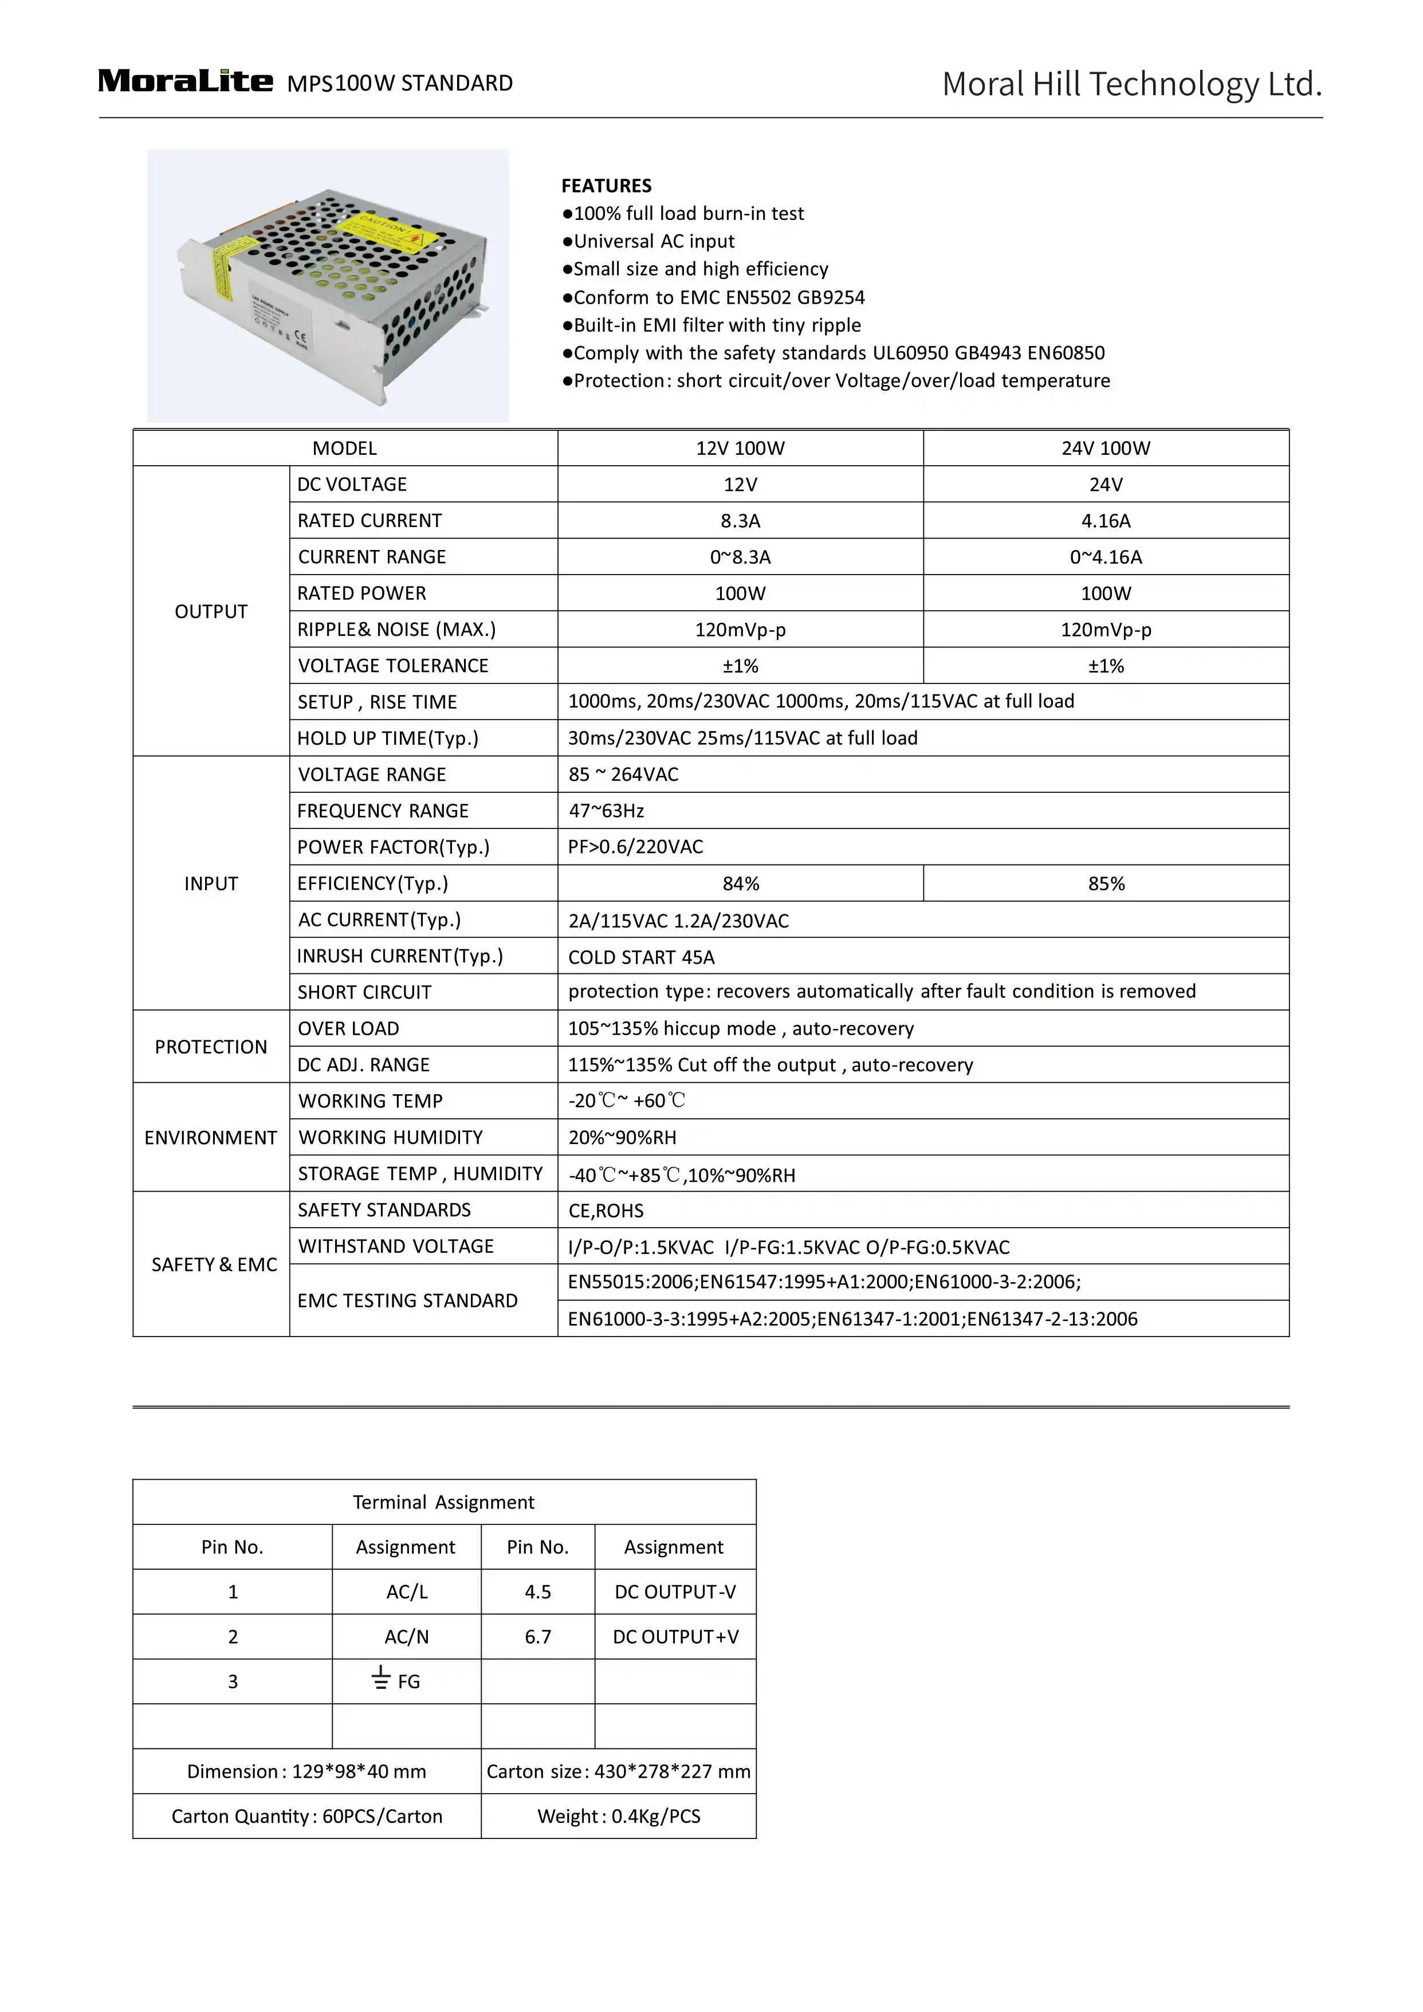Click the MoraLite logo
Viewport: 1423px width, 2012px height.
[x=185, y=81]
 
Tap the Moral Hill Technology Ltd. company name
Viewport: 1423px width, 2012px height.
[x=1131, y=84]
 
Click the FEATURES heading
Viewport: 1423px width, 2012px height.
[x=606, y=186]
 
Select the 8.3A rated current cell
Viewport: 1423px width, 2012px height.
[x=740, y=521]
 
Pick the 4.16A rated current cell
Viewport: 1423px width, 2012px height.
[x=1105, y=521]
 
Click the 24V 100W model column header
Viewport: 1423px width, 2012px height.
[x=1105, y=449]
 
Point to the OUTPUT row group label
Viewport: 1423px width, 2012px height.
[x=211, y=612]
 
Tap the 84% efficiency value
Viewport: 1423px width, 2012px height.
[x=740, y=883]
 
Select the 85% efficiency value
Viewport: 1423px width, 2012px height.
[x=1106, y=883]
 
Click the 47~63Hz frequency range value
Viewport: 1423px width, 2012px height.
[x=606, y=811]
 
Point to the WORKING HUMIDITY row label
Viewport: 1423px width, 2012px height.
[x=391, y=1137]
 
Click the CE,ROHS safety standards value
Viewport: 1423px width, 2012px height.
[x=606, y=1210]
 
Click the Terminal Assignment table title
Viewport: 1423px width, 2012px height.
[x=443, y=1502]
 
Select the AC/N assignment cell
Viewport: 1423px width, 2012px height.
[x=407, y=1636]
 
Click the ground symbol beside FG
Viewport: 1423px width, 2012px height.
[x=380, y=1678]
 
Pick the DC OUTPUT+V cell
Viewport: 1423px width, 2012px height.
[x=675, y=1636]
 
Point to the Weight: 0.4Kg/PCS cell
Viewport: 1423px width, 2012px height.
[x=619, y=1815]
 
